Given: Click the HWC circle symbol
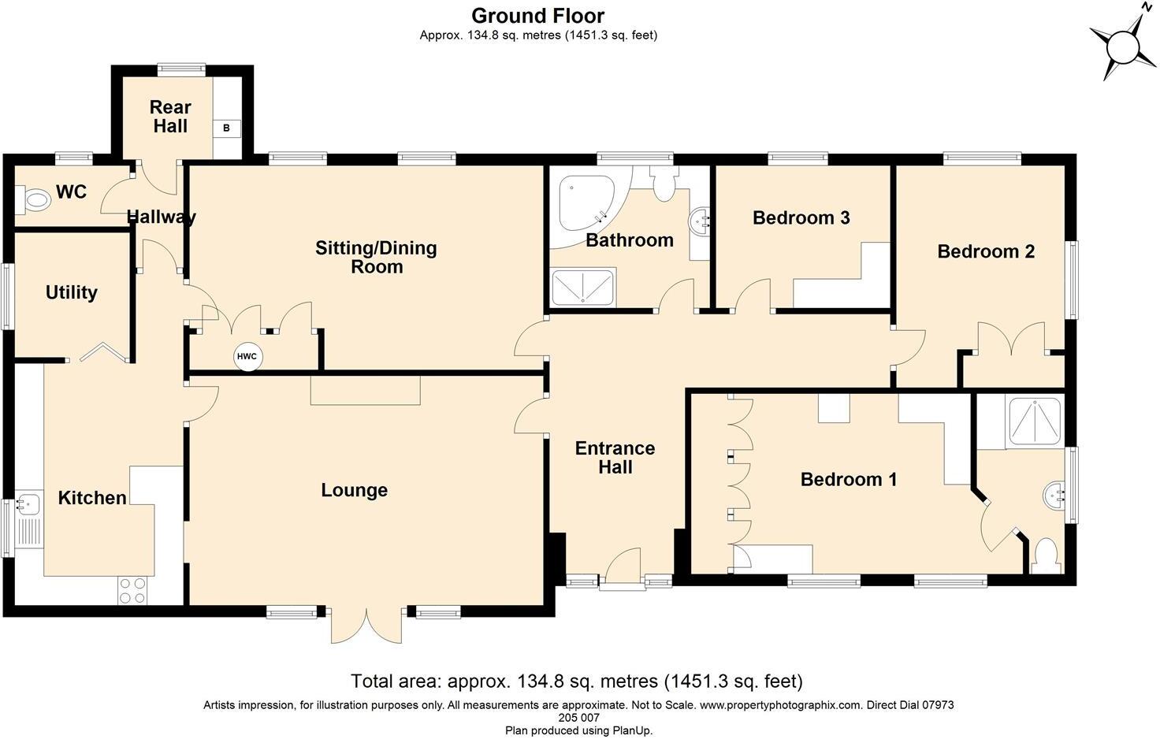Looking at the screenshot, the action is [247, 357].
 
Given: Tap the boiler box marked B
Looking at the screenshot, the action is [227, 128].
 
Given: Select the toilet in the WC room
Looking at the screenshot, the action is [32, 199].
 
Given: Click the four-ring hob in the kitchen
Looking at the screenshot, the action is [132, 590].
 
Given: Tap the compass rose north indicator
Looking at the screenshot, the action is [1123, 47].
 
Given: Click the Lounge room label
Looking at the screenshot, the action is [354, 490].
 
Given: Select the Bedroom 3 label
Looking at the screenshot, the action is [801, 217].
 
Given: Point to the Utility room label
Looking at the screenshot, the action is [72, 292].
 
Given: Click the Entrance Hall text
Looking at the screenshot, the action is [615, 457].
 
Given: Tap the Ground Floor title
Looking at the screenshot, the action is [537, 16].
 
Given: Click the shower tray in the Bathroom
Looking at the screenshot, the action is [583, 287].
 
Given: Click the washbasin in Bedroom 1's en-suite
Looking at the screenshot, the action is [1053, 494].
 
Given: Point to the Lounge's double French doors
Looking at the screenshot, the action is [366, 625].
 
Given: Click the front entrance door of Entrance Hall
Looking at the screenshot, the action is [623, 569].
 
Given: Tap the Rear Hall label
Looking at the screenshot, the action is [170, 117].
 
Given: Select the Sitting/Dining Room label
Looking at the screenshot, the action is [376, 258].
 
